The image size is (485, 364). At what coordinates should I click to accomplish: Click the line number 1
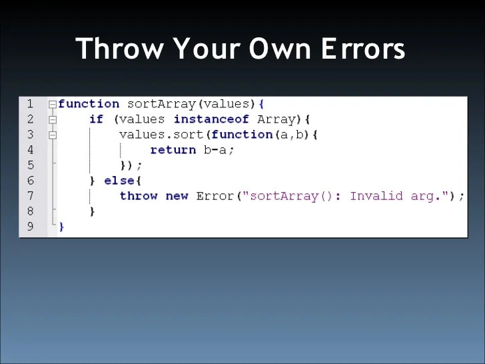click(x=30, y=104)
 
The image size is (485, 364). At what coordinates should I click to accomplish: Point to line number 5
click(x=30, y=165)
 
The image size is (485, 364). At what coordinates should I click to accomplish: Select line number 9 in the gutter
click(x=30, y=227)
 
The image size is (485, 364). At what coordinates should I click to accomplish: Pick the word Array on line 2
click(x=276, y=119)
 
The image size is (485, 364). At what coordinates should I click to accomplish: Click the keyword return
click(x=173, y=150)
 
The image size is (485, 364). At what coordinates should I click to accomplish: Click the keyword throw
click(x=139, y=196)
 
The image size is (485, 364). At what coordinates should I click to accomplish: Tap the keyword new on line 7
click(x=177, y=196)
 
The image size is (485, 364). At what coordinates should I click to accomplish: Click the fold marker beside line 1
click(x=52, y=105)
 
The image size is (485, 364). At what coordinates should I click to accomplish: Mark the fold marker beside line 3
click(x=52, y=135)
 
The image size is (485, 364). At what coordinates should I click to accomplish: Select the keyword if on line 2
click(x=97, y=119)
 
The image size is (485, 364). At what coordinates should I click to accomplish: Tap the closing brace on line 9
click(x=61, y=227)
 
